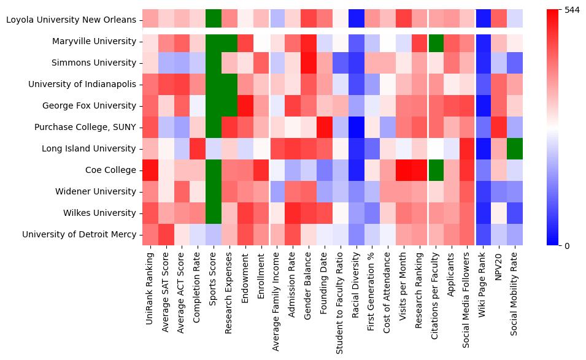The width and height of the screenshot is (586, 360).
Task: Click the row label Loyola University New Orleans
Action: tap(71, 20)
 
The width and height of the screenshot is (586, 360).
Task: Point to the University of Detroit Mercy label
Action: tap(79, 234)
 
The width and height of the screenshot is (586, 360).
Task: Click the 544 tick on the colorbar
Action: tap(572, 10)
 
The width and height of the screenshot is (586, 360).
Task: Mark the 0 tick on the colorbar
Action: tap(568, 245)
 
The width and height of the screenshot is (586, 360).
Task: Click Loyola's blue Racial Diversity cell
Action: tap(358, 20)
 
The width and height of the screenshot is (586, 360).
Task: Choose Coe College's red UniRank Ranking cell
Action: tap(150, 170)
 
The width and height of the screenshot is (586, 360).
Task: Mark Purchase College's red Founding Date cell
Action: tap(325, 127)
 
